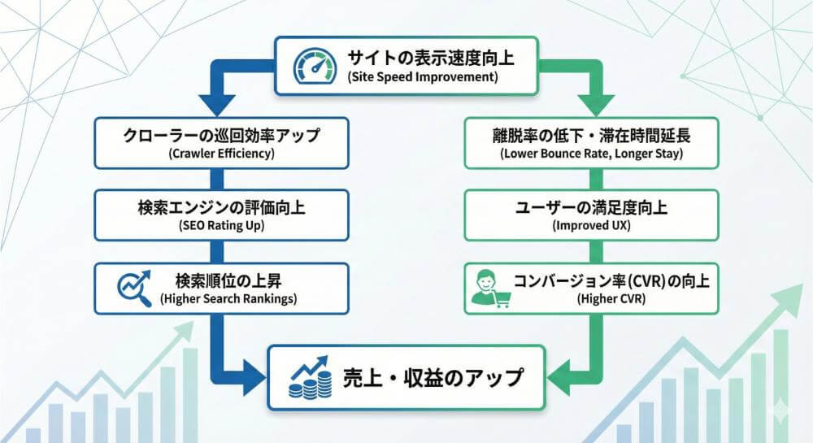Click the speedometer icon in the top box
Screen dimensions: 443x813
(313, 64)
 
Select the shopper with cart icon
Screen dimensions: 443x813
(490, 289)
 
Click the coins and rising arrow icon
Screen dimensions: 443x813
(309, 377)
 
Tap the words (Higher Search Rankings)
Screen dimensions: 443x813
(228, 299)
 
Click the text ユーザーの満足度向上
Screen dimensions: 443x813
(591, 207)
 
